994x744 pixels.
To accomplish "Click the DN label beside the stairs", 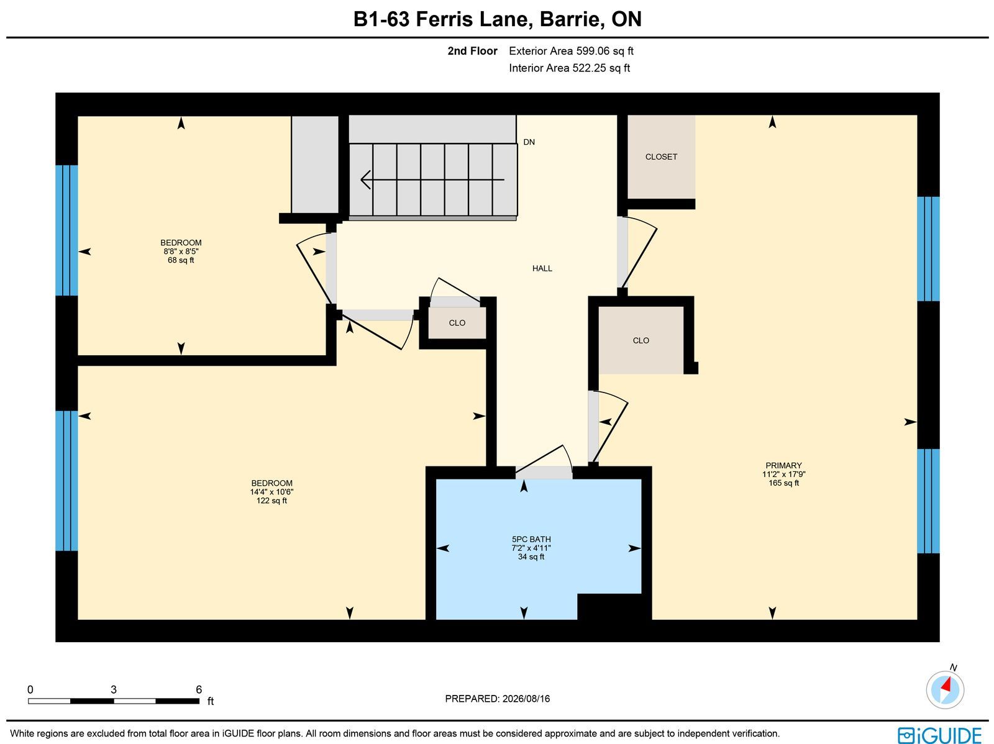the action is (x=529, y=142).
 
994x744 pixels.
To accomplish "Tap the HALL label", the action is (x=542, y=268).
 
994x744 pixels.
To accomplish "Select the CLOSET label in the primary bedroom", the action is (x=661, y=157).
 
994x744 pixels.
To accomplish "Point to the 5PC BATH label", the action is (x=531, y=539).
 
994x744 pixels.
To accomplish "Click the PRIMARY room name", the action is (x=783, y=465).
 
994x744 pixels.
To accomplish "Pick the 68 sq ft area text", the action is (x=181, y=260).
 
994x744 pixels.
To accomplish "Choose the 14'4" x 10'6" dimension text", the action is (x=271, y=492).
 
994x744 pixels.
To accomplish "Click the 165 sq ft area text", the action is (x=783, y=483).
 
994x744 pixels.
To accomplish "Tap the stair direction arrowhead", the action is (x=365, y=179).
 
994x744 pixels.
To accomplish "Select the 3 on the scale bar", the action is (x=113, y=689).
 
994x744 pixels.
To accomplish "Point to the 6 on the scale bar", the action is (x=198, y=689).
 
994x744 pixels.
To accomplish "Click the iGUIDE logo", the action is (x=939, y=735).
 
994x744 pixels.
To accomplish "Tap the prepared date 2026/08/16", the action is (x=526, y=699).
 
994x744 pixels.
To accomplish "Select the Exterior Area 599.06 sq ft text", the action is (x=571, y=51).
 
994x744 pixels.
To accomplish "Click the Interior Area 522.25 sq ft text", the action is (x=569, y=68).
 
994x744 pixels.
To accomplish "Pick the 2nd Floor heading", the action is (x=472, y=51).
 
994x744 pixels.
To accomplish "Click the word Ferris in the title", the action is (x=444, y=19).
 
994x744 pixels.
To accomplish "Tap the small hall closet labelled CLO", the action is (x=457, y=323).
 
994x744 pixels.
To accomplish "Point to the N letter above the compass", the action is (x=953, y=667).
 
